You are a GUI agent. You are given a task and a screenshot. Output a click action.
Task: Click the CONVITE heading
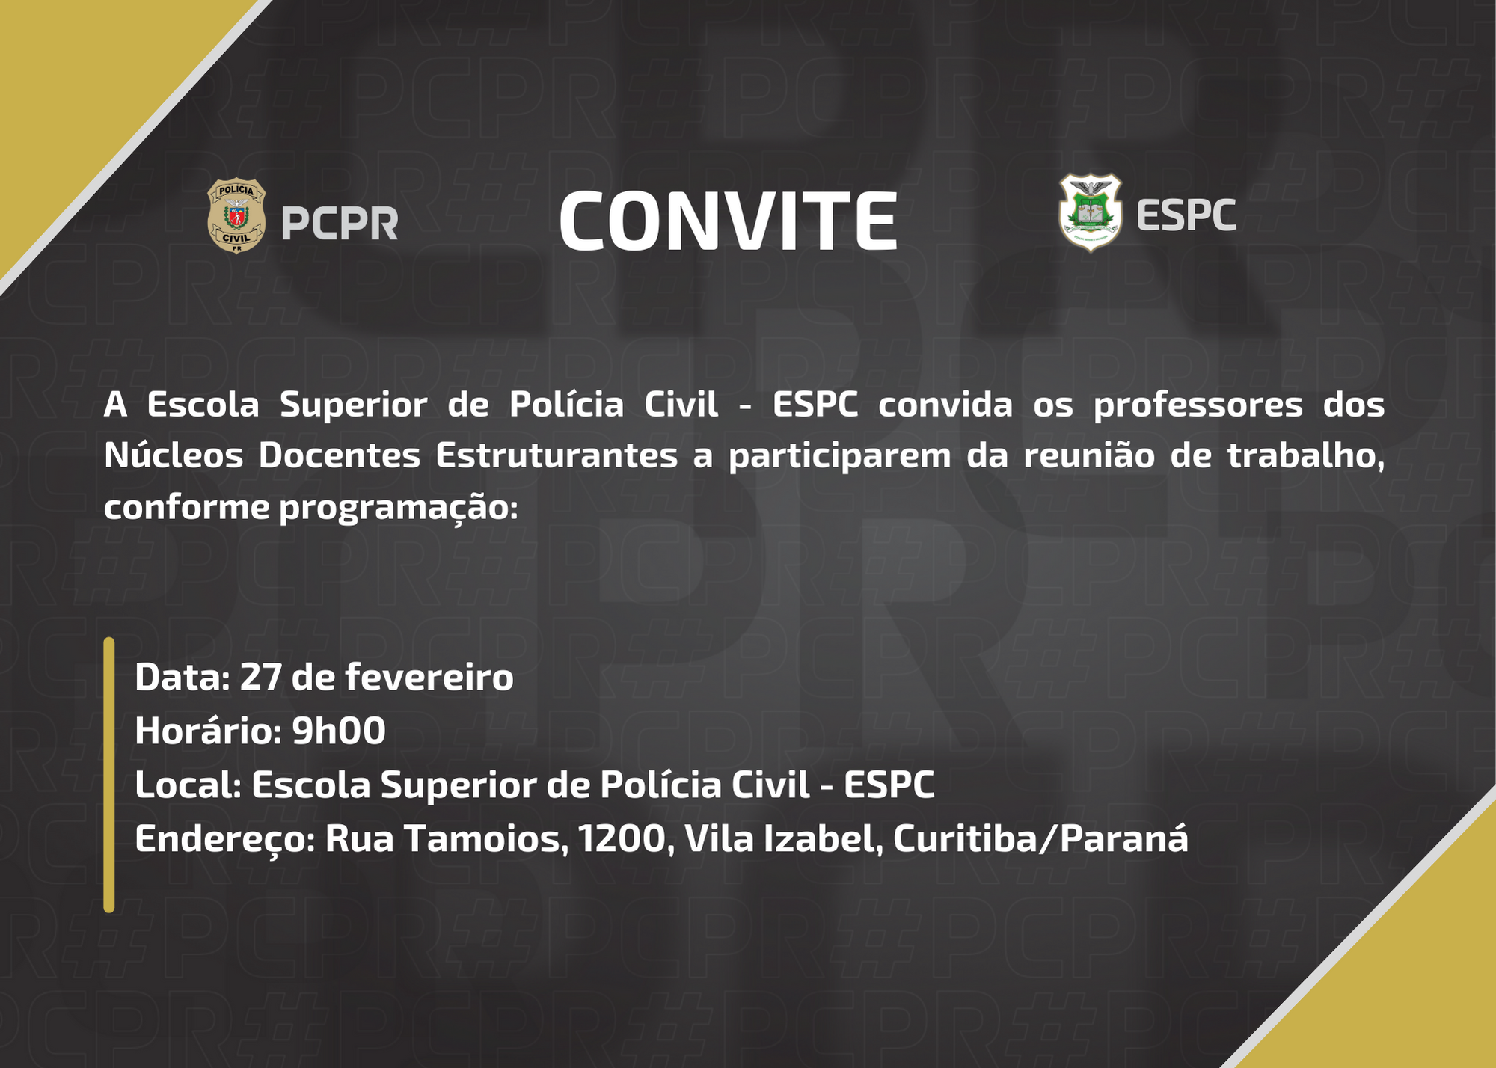pos(728,221)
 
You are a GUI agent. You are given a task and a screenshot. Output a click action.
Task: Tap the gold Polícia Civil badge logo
pos(236,215)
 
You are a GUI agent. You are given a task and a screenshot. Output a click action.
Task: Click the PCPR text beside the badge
pos(340,223)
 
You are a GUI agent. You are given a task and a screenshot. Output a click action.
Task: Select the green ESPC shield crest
pos(1090,212)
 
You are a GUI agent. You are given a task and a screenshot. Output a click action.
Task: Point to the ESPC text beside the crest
pos(1186,215)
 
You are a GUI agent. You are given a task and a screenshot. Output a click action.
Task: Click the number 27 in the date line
pos(260,678)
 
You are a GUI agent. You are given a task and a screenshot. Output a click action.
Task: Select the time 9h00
pos(339,731)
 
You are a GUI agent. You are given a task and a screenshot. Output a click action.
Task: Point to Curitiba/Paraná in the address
pos(1040,838)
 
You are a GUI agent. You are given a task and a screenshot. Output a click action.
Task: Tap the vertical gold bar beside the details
pos(109,775)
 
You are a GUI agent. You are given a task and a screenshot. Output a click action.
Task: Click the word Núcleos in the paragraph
pos(174,455)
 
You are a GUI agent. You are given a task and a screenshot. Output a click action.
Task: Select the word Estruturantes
pos(557,455)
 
